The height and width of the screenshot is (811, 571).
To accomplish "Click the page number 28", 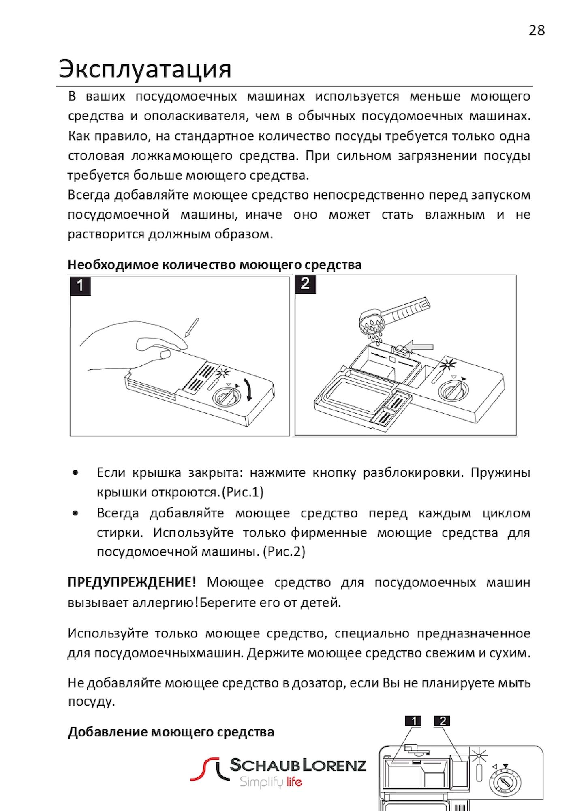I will click(x=537, y=30).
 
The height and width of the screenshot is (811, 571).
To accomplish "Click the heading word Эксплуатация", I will click(x=145, y=69).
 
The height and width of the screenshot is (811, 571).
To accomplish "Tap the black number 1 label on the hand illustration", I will click(x=80, y=285).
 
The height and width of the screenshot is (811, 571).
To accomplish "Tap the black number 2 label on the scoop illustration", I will click(x=305, y=283).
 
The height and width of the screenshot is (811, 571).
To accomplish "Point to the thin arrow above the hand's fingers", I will click(x=192, y=328).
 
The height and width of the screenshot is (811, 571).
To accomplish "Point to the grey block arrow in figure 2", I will click(x=419, y=347).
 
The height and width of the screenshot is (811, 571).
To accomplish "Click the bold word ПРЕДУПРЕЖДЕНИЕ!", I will click(x=132, y=583).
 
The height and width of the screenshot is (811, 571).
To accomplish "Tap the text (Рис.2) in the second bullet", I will click(x=284, y=552).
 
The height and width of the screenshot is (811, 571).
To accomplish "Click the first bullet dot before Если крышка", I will click(x=75, y=473).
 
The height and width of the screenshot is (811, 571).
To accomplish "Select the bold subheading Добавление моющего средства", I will click(x=171, y=732).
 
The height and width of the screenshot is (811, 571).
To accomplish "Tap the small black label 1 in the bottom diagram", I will click(x=413, y=721).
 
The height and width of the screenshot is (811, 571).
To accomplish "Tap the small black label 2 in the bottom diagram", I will click(x=442, y=721).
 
